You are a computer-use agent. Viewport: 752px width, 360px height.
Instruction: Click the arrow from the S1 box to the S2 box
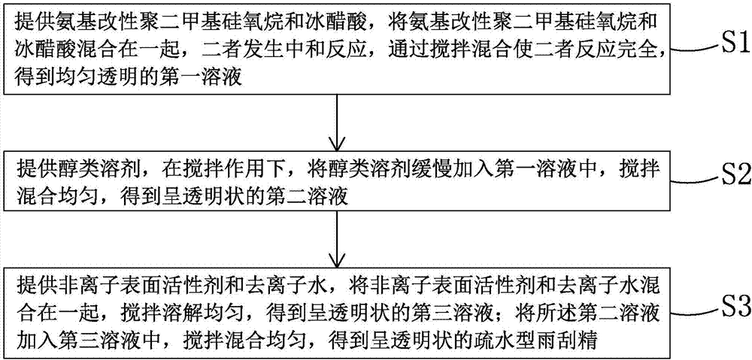coord(338,122)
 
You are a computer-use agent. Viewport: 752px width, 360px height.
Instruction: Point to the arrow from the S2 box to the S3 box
coord(338,237)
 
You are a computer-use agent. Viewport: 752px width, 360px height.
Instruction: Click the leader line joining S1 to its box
coord(692,48)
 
